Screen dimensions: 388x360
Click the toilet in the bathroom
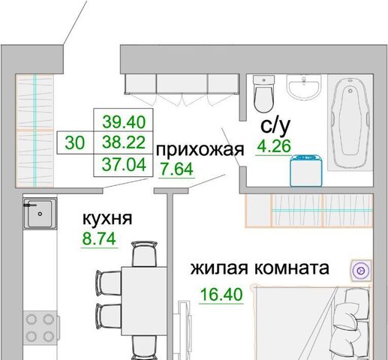click(x=263, y=94)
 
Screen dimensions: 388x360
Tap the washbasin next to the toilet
click(x=304, y=87)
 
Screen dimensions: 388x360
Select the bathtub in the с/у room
click(x=350, y=123)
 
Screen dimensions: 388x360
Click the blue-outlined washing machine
click(x=306, y=171)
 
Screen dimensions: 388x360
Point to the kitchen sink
click(x=40, y=214)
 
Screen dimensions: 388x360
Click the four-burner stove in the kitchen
click(x=41, y=328)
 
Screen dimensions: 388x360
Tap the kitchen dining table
click(x=144, y=301)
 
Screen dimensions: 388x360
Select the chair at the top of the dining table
click(x=144, y=253)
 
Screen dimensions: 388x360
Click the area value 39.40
click(x=124, y=122)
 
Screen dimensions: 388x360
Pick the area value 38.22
click(x=124, y=142)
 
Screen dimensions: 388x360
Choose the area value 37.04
click(x=124, y=165)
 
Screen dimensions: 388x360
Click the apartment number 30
click(x=75, y=143)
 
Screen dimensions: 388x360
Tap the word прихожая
click(x=200, y=149)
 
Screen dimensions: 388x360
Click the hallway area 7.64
click(x=176, y=169)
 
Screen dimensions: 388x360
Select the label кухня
click(x=107, y=218)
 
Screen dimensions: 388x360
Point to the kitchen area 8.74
click(x=99, y=238)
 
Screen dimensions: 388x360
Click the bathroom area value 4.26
click(x=274, y=146)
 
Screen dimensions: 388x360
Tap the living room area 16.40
click(x=221, y=294)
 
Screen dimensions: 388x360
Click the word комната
click(x=292, y=268)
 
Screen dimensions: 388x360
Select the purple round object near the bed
click(x=361, y=271)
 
